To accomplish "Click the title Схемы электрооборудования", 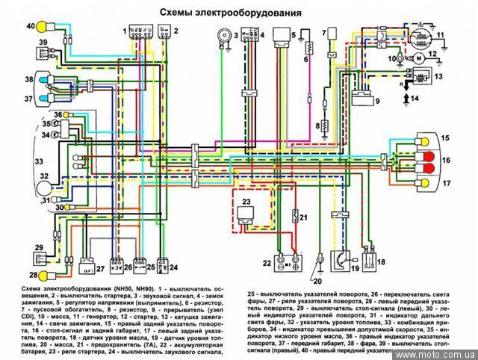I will [x=230, y=13].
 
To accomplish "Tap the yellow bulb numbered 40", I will [x=44, y=28].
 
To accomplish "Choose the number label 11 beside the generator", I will [x=440, y=34].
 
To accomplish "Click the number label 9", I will [x=376, y=100].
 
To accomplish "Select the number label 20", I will [x=317, y=282].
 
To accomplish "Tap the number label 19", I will [x=355, y=267].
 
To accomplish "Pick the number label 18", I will [x=380, y=262].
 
